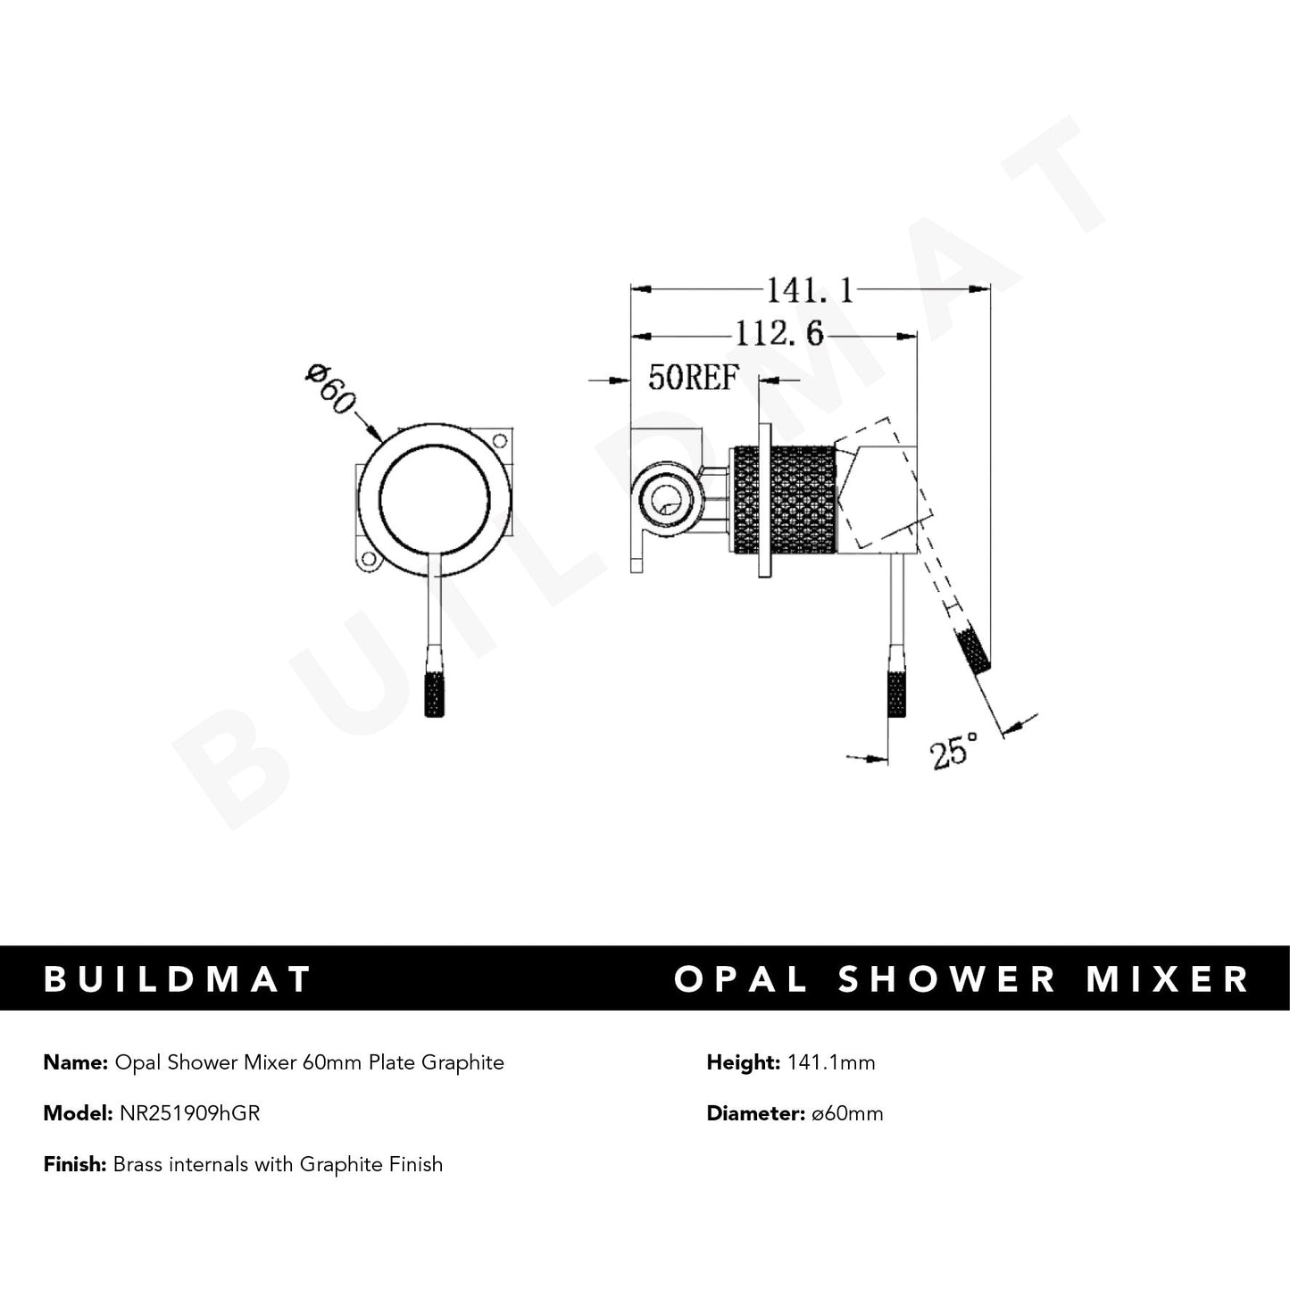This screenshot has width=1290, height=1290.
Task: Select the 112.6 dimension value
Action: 778,335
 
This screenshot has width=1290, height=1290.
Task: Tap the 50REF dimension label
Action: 694,379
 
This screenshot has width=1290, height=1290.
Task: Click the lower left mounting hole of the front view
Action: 366,562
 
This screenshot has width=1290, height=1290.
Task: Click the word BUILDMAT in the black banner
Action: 178,979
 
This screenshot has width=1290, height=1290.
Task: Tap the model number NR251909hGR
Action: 189,1113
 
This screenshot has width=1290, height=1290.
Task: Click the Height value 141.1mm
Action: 831,1062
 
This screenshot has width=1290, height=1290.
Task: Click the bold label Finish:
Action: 75,1164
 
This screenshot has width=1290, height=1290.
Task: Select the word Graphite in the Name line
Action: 462,1062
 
